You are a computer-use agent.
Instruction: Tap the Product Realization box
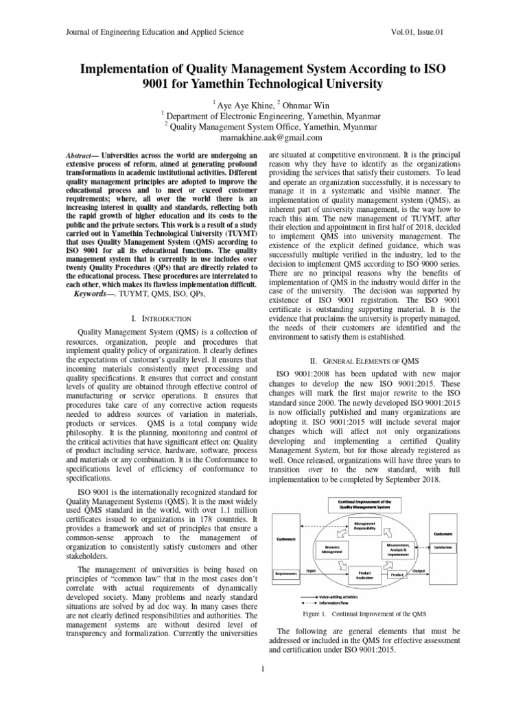[365, 574]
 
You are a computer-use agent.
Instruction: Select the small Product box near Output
[397, 574]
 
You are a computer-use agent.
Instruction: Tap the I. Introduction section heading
[160, 319]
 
